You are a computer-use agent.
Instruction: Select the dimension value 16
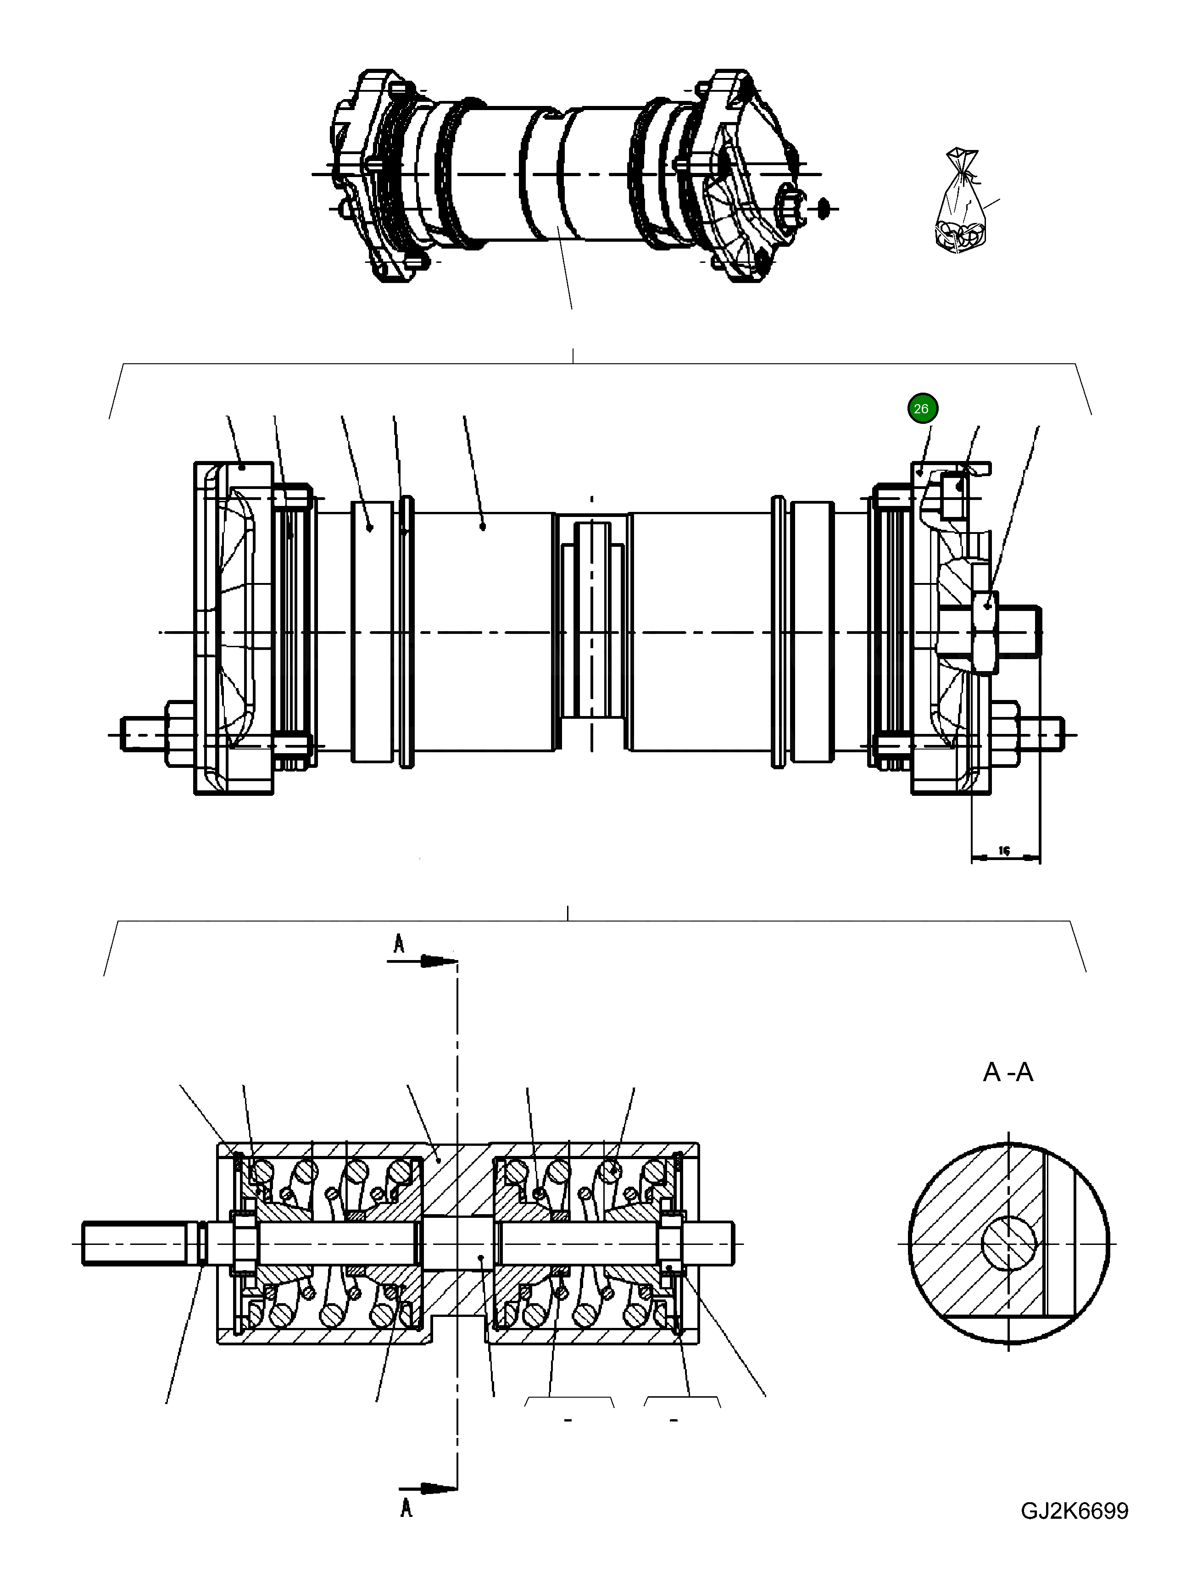[1004, 851]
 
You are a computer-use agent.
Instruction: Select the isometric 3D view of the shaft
[567, 176]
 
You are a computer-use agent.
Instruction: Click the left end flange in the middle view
[234, 628]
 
